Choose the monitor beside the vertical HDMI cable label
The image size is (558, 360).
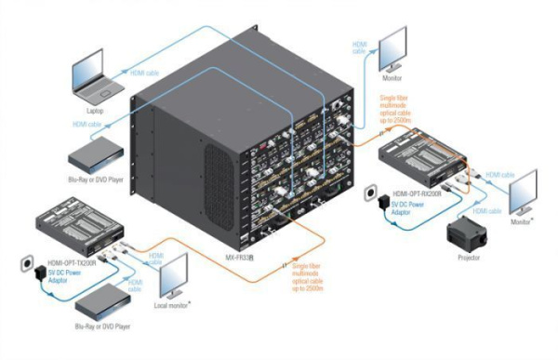point(388,46)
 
